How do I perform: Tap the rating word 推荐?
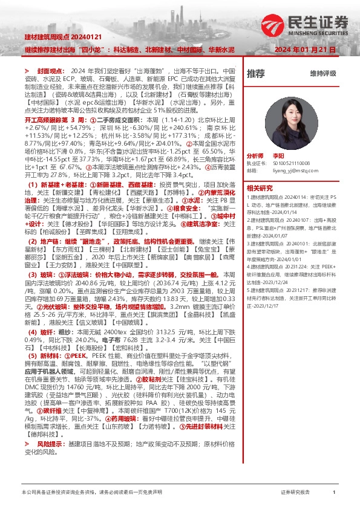(256, 74)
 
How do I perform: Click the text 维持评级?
(322, 74)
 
